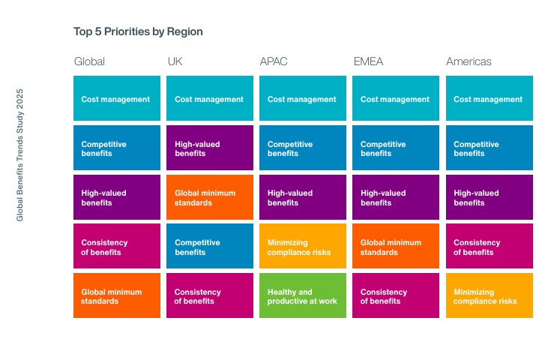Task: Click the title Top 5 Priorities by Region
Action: pos(138,31)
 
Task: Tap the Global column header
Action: pos(89,61)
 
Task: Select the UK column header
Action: pos(175,61)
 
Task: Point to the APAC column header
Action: pos(274,61)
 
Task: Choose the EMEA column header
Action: pos(368,61)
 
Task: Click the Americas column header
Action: pos(469,61)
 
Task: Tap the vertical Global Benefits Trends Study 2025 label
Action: pos(19,155)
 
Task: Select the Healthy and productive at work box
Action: pos(303,295)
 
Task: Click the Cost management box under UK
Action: pos(210,98)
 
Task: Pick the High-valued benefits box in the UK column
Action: pos(210,148)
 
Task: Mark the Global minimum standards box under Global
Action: pos(117,295)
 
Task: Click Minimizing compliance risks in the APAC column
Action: pos(303,246)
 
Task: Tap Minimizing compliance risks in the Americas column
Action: pos(490,295)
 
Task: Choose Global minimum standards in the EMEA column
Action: pos(396,246)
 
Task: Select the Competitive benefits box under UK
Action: pos(210,246)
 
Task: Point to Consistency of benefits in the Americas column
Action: pos(490,246)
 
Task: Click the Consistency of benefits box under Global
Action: pos(117,246)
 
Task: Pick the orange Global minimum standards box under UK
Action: pos(210,197)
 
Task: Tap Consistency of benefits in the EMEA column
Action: pos(396,295)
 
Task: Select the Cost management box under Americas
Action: pos(490,98)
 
